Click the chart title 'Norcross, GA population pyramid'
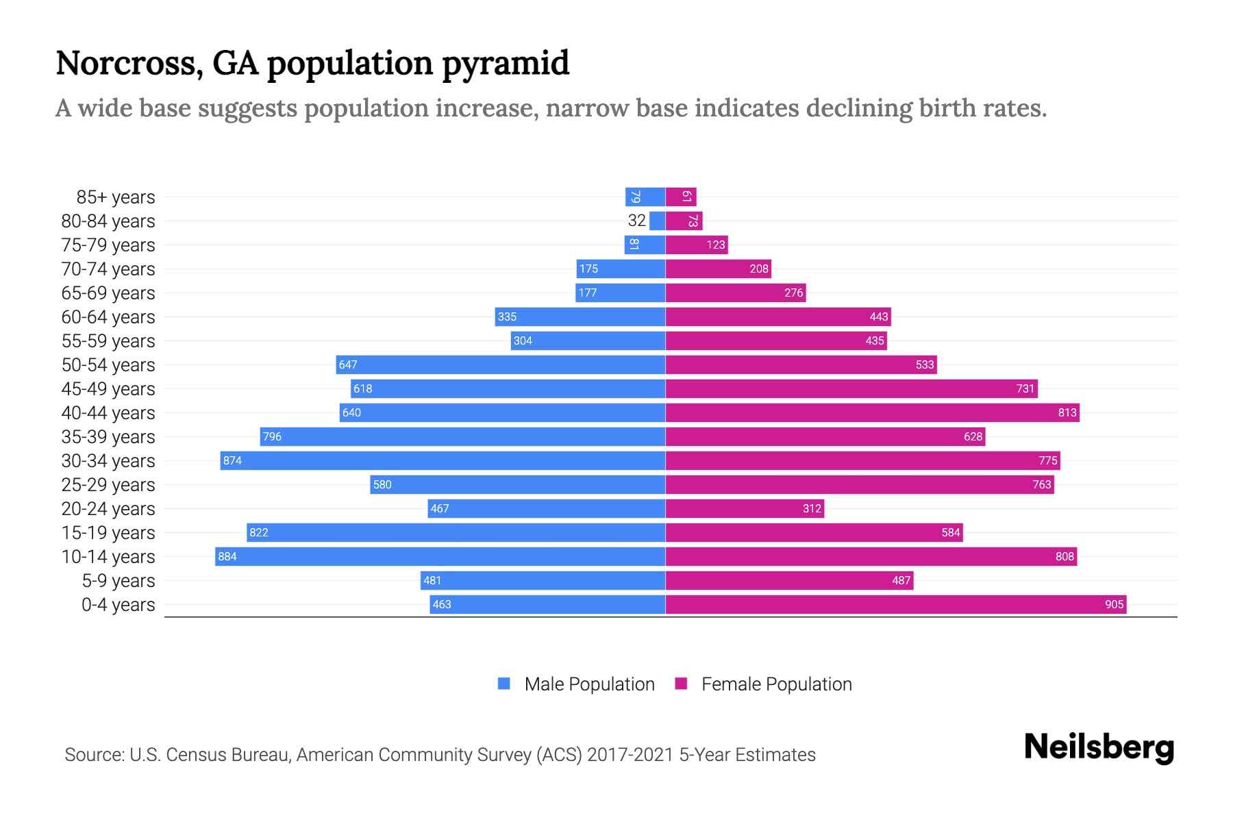pos(312,63)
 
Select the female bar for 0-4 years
pos(895,604)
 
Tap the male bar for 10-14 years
pos(440,556)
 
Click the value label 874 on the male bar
pos(232,460)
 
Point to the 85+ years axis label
pos(116,197)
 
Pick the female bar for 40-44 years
pos(872,412)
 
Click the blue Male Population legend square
pos(504,684)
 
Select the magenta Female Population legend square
pos(681,684)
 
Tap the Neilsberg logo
pos(1099,747)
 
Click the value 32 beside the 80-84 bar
pos(636,221)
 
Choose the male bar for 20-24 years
pos(547,508)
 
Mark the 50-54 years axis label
pos(108,365)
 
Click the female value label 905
pos(1114,604)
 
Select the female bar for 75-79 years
pos(697,245)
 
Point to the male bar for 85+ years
pos(645,197)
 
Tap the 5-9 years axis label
pos(119,581)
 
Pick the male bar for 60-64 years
pos(580,316)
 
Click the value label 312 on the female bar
pos(812,508)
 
